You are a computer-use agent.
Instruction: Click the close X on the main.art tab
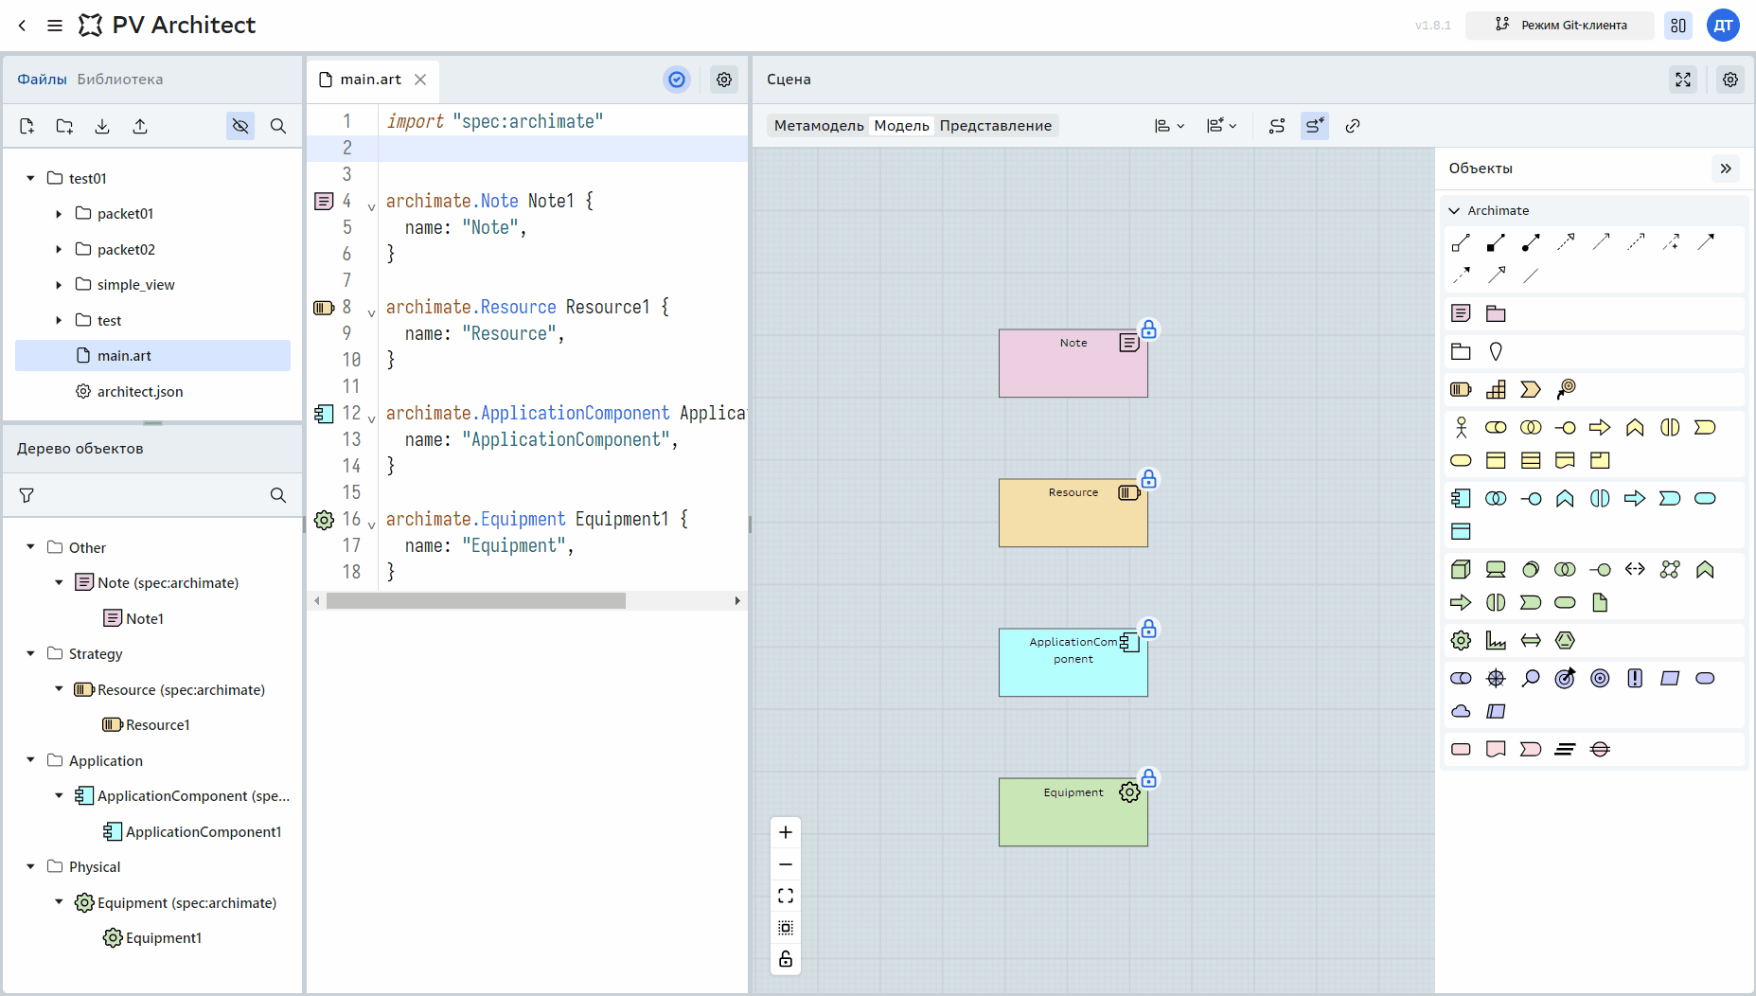point(420,80)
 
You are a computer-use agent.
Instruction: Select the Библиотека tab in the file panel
point(120,80)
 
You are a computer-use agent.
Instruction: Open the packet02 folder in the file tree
point(126,249)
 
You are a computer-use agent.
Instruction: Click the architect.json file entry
point(140,391)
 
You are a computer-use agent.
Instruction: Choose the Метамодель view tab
point(819,126)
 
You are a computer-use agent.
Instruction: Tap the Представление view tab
point(996,126)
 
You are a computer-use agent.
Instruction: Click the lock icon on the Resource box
point(1148,479)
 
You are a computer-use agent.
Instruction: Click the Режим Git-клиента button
point(1560,26)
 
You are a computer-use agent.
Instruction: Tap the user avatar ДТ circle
point(1724,26)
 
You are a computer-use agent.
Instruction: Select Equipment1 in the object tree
point(163,938)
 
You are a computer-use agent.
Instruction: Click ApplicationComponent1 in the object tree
point(203,831)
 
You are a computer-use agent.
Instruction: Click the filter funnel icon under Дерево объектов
point(27,495)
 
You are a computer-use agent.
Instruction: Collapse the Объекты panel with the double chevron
point(1726,169)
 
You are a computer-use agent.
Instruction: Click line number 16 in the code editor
point(351,519)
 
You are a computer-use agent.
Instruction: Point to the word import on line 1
point(415,121)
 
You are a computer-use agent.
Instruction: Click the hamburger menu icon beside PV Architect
point(55,26)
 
